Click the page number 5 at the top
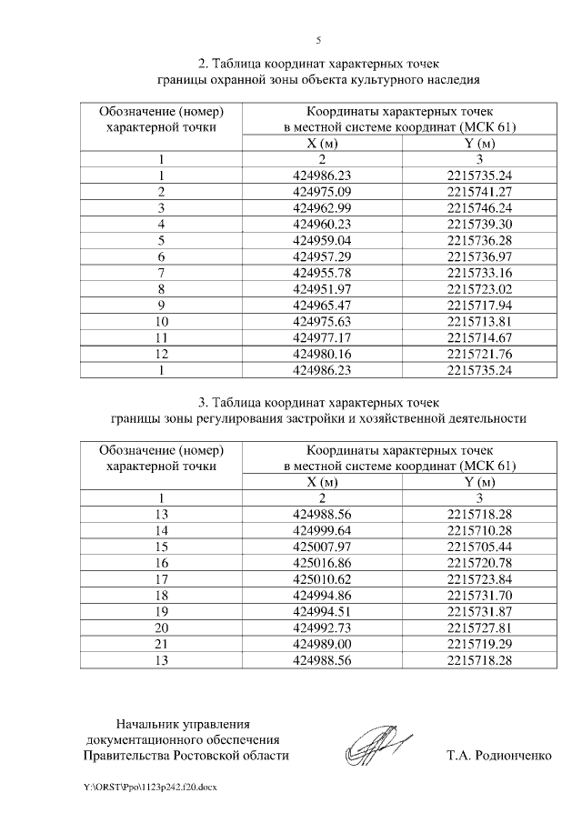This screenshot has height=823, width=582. (318, 40)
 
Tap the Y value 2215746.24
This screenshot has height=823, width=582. (481, 207)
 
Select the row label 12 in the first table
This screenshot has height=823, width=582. (161, 355)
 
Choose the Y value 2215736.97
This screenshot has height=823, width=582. (481, 256)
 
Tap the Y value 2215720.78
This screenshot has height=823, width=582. (481, 563)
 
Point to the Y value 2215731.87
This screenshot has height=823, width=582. (481, 612)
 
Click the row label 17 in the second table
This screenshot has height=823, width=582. (161, 579)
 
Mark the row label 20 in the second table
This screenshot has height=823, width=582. (161, 628)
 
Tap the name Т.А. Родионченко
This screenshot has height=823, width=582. (499, 756)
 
